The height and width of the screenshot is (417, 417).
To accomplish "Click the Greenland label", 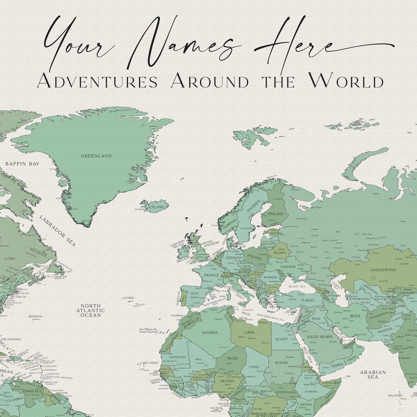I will (x=96, y=156).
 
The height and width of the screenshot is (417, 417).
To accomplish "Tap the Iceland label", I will (x=156, y=207).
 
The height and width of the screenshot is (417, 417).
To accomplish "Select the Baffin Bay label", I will (x=22, y=164).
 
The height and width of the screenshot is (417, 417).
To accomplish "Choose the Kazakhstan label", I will (x=383, y=270).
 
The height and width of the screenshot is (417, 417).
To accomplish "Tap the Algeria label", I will (x=210, y=332).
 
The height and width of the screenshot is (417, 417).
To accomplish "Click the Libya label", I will (x=249, y=332).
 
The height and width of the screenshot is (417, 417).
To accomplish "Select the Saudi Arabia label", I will (x=319, y=337).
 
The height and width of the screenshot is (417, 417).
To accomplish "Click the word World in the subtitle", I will (x=345, y=81).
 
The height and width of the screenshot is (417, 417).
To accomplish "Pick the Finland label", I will (x=276, y=214).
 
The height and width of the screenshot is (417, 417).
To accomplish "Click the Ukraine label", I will (x=288, y=267).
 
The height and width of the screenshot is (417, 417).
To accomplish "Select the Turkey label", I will (x=308, y=301).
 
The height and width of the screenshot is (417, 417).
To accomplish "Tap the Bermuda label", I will (x=35, y=316).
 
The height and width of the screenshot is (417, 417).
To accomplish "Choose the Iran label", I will (x=355, y=316).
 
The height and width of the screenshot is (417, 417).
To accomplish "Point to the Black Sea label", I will (x=296, y=286).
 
